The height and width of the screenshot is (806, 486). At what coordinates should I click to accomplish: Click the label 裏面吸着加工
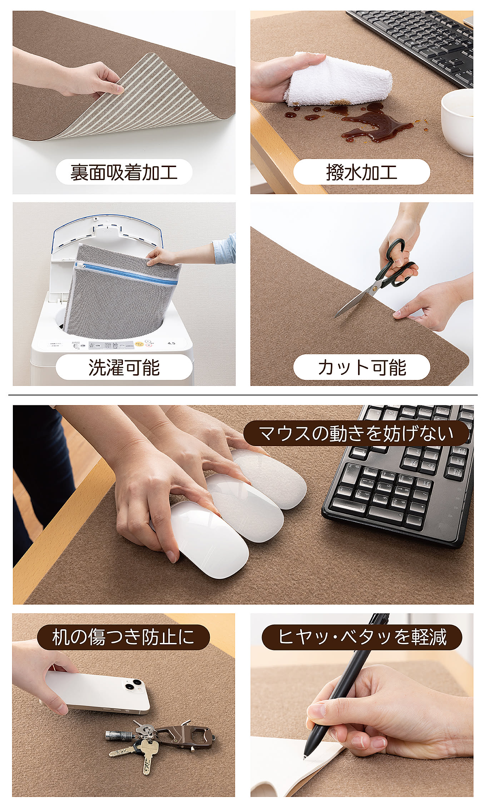(x=124, y=172)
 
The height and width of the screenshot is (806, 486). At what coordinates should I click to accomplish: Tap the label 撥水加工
(x=361, y=172)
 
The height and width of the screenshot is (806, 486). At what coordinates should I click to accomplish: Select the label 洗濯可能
(x=124, y=367)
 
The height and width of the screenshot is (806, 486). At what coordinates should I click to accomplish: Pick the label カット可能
(x=362, y=367)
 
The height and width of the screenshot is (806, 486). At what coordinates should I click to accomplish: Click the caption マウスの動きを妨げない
(x=356, y=433)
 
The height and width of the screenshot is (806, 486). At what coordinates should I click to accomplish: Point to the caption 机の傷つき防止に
(x=123, y=637)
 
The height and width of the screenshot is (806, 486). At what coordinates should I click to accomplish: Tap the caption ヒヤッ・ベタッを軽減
(x=362, y=637)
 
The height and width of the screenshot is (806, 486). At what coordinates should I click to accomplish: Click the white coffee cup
(x=458, y=122)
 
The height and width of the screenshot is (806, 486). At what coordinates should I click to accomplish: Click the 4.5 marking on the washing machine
(x=172, y=343)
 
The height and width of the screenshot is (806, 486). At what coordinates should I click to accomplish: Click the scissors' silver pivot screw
(x=375, y=288)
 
